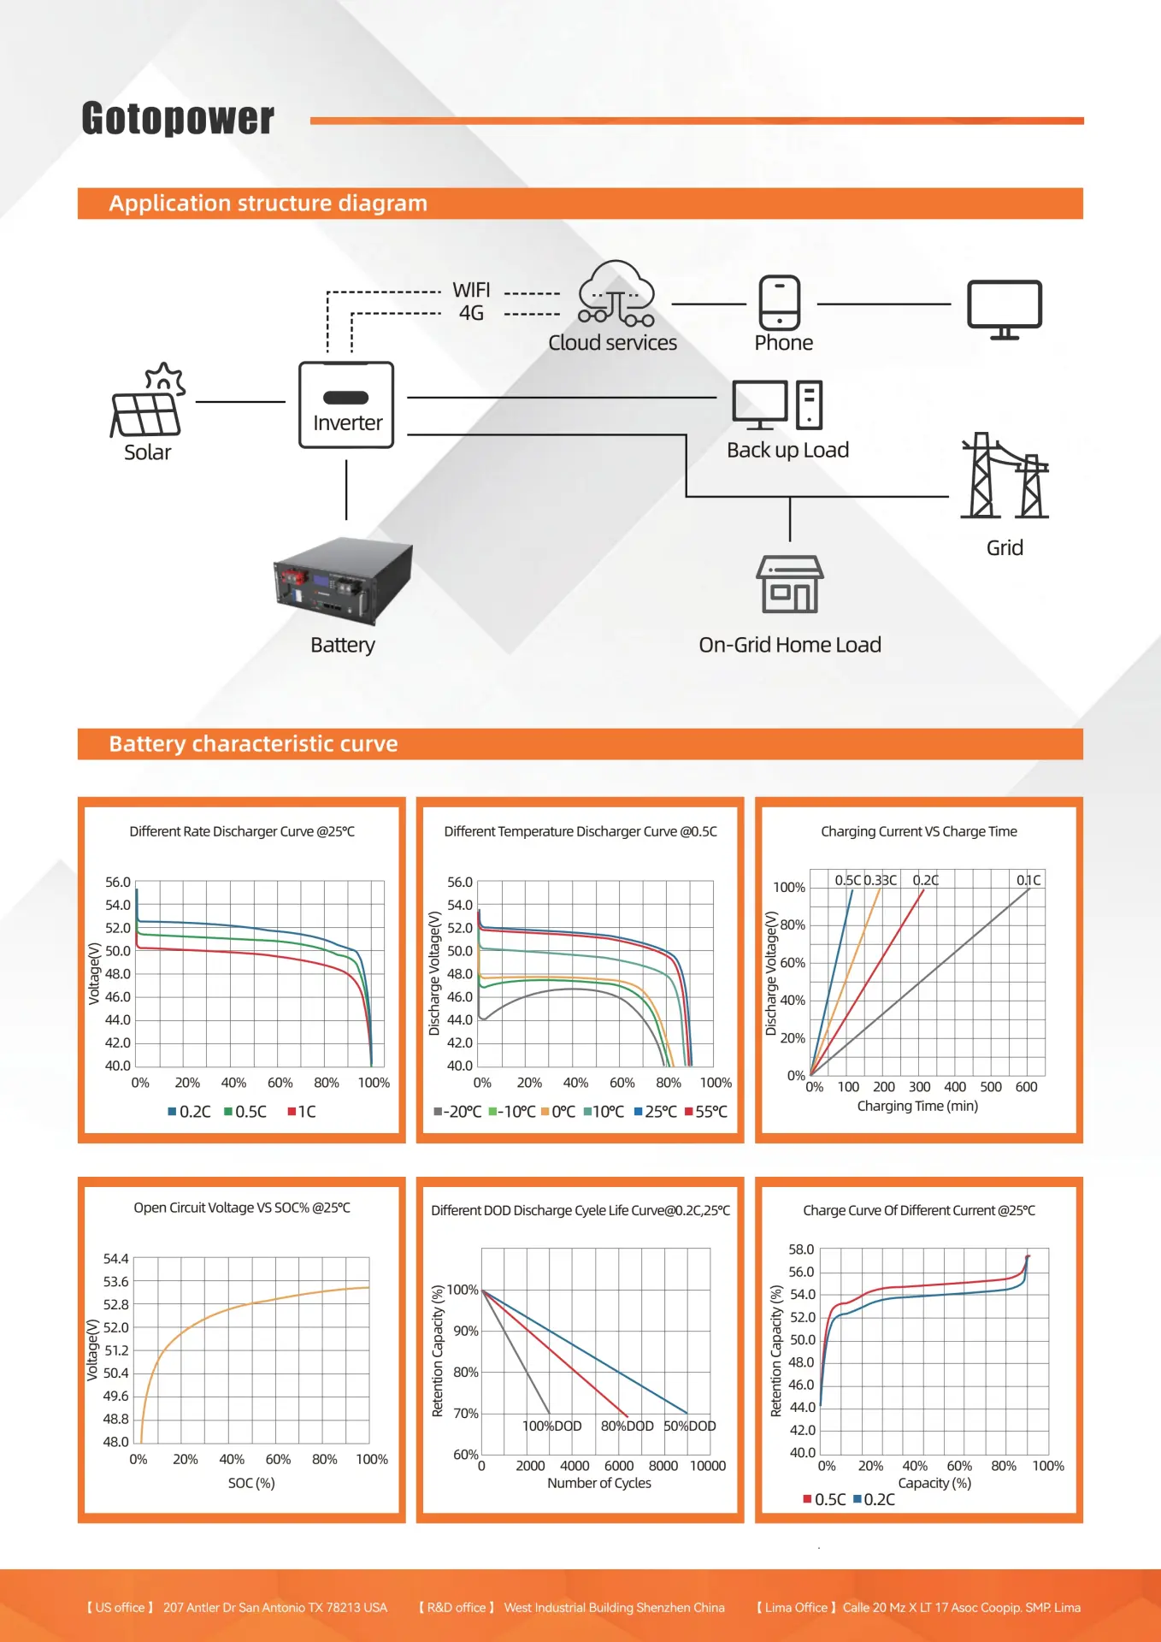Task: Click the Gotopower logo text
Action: click(x=178, y=118)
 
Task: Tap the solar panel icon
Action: click(x=148, y=399)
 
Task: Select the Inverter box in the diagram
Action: click(x=346, y=405)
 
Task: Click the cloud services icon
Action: click(x=616, y=293)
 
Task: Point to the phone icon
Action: click(x=780, y=303)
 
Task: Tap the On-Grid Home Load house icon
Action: click(x=790, y=584)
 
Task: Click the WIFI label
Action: click(x=471, y=290)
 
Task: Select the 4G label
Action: click(x=471, y=313)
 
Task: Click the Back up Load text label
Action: click(x=787, y=450)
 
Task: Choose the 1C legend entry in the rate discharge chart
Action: click(x=302, y=1112)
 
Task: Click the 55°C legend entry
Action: click(x=706, y=1112)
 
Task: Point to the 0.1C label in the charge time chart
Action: click(x=1028, y=880)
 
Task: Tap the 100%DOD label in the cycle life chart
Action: click(x=552, y=1426)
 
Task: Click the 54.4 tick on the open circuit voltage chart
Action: click(x=116, y=1259)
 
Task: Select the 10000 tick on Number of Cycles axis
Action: click(x=708, y=1466)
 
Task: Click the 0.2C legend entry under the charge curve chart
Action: click(x=874, y=1499)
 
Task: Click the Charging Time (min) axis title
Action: click(x=917, y=1106)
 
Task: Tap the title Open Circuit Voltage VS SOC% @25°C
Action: click(x=242, y=1208)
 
